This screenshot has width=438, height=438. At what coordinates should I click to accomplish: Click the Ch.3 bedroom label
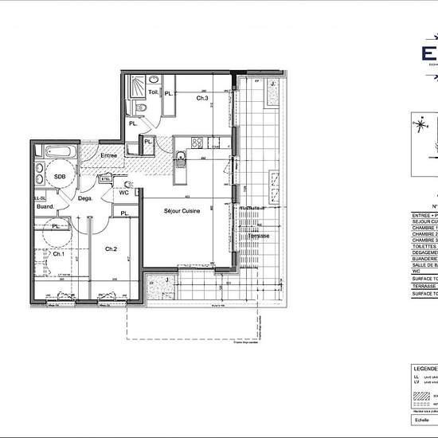pyautogui.click(x=202, y=98)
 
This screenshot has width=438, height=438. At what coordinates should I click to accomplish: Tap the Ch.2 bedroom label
pyautogui.click(x=111, y=249)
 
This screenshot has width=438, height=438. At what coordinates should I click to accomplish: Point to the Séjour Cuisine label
pyautogui.click(x=182, y=210)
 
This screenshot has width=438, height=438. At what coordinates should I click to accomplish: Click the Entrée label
pyautogui.click(x=108, y=155)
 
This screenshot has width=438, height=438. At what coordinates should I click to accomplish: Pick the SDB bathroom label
pyautogui.click(x=59, y=177)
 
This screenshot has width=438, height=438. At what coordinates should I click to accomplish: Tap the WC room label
pyautogui.click(x=124, y=192)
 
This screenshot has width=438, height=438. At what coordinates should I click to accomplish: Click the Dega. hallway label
pyautogui.click(x=86, y=198)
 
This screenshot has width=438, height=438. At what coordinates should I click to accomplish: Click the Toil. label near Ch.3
pyautogui.click(x=152, y=92)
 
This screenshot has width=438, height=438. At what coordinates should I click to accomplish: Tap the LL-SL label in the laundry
pyautogui.click(x=39, y=197)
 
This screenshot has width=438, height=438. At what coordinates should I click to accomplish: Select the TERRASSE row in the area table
pyautogui.click(x=424, y=284)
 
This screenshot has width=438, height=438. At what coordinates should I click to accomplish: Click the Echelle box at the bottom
pyautogui.click(x=423, y=420)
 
